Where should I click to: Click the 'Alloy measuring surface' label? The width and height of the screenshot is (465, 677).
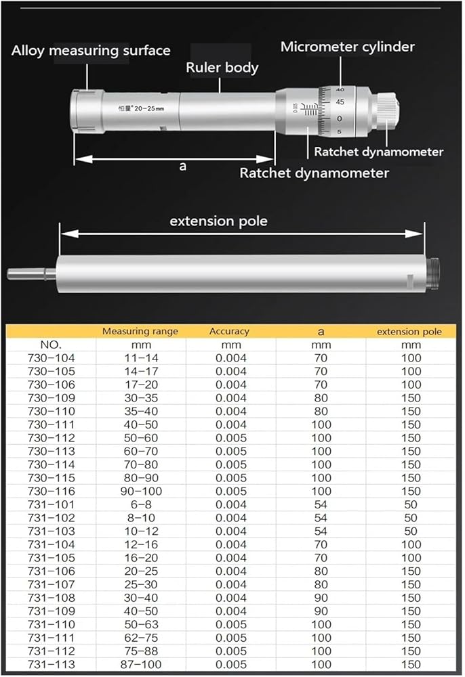pyautogui.click(x=91, y=51)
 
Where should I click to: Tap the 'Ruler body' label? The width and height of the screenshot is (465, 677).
pyautogui.click(x=222, y=68)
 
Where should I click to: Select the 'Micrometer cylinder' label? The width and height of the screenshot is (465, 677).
pyautogui.click(x=347, y=47)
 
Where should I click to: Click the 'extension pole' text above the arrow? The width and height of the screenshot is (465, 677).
pyautogui.click(x=218, y=221)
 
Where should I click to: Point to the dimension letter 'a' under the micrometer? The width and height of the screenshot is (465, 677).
pyautogui.click(x=182, y=166)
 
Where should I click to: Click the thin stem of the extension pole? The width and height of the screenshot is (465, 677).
pyautogui.click(x=31, y=274)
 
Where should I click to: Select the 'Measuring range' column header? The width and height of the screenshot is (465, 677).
pyautogui.click(x=140, y=331)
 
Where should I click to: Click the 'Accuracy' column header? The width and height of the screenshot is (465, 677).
pyautogui.click(x=228, y=331)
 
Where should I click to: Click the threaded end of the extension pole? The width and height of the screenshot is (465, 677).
pyautogui.click(x=433, y=274)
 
